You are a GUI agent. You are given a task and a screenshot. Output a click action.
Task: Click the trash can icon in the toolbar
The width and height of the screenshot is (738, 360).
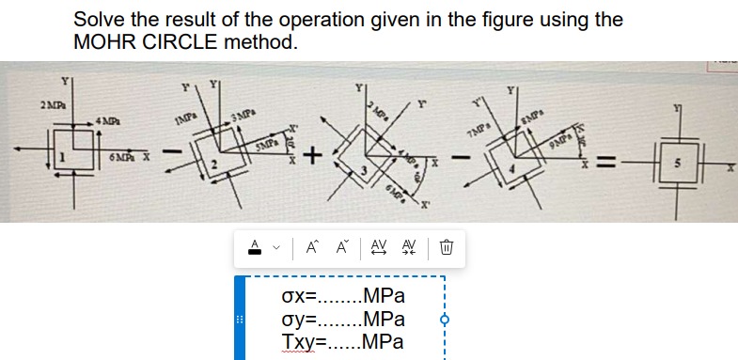(x=448, y=248)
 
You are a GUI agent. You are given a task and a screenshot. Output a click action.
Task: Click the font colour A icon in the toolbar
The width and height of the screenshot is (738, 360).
(x=253, y=248)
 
